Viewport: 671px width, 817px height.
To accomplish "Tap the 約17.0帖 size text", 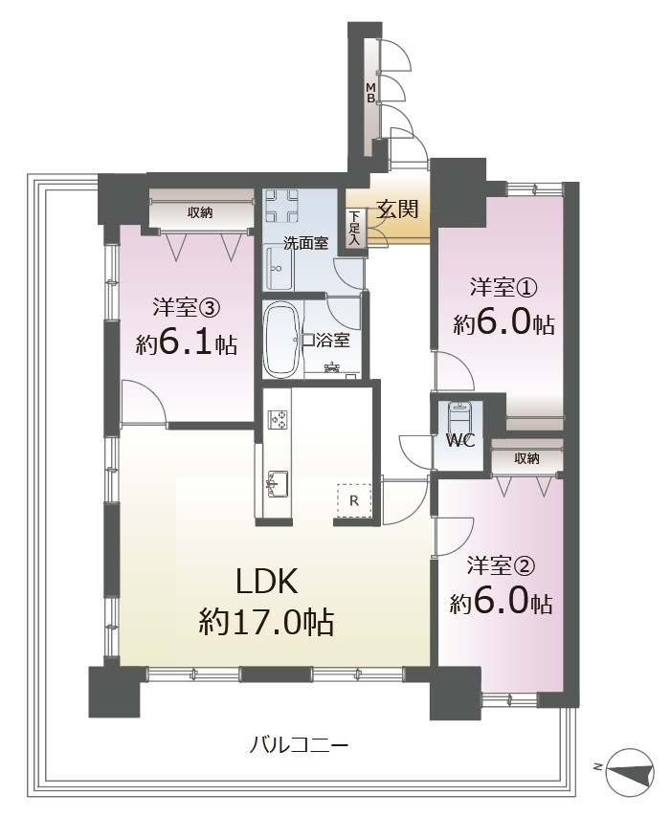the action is [266, 621].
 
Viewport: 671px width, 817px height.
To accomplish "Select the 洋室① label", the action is [503, 288].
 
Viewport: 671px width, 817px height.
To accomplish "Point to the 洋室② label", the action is [501, 565].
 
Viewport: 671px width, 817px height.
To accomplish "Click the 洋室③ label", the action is [187, 308].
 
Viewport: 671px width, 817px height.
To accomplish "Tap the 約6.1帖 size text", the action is [187, 343].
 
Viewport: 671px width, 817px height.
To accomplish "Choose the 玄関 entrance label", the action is [398, 210].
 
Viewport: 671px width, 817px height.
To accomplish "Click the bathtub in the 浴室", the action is [281, 341].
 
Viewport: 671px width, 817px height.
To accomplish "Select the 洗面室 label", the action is [305, 242].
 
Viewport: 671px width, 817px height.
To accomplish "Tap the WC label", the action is [460, 441].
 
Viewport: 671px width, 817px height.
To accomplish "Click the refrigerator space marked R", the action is [354, 500].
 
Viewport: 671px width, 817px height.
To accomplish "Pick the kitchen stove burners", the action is [278, 419].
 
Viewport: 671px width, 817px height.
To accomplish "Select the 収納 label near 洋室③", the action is [200, 212].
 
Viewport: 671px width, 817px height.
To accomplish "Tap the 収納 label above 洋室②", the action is [526, 458].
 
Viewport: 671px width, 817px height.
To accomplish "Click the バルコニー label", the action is [299, 745].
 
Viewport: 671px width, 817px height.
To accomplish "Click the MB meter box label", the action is [370, 92].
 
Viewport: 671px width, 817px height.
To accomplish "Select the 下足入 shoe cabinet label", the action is [354, 228].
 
